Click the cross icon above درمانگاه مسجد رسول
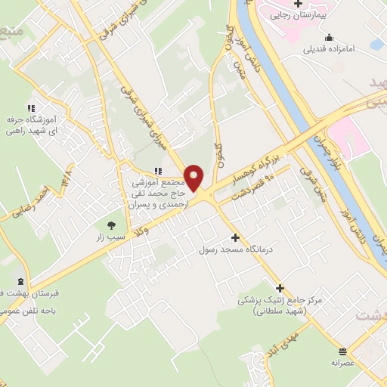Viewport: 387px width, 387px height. [x=235, y=237]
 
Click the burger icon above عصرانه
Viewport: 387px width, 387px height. [x=343, y=351]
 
